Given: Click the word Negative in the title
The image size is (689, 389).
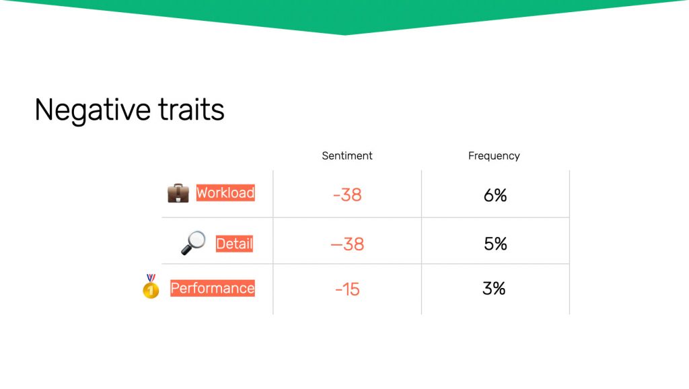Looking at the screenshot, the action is point(92,110).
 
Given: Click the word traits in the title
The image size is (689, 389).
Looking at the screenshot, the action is point(191,109).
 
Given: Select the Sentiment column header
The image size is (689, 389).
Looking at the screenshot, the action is point(347,155).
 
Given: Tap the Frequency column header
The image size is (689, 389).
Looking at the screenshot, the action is point(494,156).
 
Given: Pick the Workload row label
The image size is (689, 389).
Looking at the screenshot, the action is point(225,192).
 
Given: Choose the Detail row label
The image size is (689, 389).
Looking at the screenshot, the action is point(234,244).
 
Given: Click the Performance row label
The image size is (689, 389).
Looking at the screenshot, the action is point(213,288).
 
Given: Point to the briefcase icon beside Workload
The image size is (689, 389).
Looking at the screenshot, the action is point(178,193).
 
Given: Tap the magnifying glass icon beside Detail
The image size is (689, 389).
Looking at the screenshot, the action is point(193,243).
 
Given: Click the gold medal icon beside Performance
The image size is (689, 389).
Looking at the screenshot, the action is point(151,286).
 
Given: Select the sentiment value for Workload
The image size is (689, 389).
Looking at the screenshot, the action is point(347,194).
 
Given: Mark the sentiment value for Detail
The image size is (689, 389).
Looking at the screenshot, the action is point(347,244).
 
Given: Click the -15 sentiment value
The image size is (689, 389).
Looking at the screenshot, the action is point(347,289).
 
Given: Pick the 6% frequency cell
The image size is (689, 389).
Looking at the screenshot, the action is point(495,195).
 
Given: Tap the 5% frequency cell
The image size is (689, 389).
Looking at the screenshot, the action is point(495,244).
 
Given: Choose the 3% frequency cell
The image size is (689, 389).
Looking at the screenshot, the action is point(494,288).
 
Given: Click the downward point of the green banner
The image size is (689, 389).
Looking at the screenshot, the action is point(344,34).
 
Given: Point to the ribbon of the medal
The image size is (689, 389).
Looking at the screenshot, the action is point(151,278).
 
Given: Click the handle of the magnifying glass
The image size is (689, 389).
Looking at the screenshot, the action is point(186,250).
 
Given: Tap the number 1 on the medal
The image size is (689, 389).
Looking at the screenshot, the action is point(151,291).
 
